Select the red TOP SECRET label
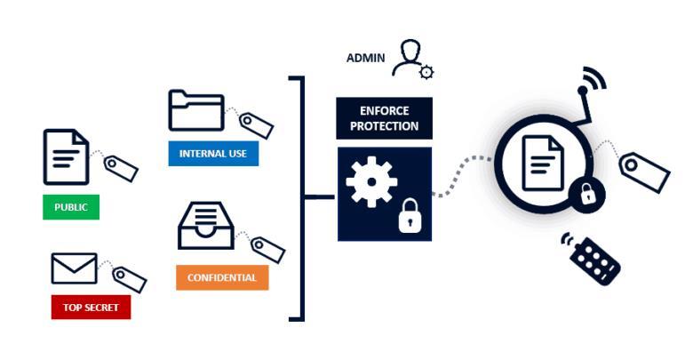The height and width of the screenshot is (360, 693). (x=91, y=308)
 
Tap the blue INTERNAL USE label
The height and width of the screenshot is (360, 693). (x=213, y=154)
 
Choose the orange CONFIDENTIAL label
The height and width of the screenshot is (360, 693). (x=222, y=277)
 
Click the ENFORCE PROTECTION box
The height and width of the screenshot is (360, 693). (x=384, y=118)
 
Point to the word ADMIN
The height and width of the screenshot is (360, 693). (x=365, y=59)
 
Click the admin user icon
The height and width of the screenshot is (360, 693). (x=411, y=57)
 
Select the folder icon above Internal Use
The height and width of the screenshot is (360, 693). (x=195, y=110)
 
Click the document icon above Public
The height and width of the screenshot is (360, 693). (x=66, y=156)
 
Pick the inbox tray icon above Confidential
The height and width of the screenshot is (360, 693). (x=206, y=227)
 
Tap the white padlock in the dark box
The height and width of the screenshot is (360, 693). (x=409, y=215)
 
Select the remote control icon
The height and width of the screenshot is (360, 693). (x=595, y=258)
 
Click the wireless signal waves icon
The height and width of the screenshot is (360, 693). (x=593, y=80)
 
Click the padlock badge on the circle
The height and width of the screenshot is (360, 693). (x=586, y=193)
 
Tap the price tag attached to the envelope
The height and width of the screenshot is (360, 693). (x=129, y=279)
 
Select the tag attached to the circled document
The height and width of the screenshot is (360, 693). (x=644, y=171)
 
